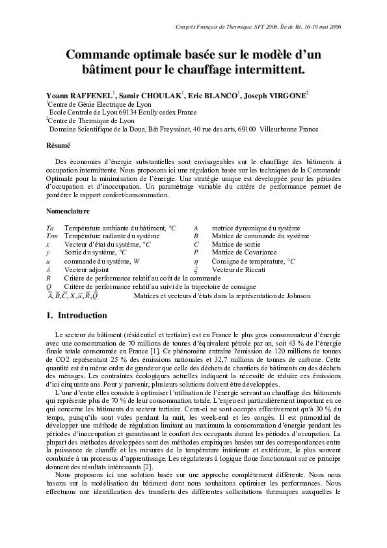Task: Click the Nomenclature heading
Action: [x=68, y=212]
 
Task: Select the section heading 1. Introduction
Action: [x=76, y=316]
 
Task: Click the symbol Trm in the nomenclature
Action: [x=52, y=236]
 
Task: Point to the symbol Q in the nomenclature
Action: [x=49, y=286]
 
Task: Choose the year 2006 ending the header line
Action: [x=335, y=27]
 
